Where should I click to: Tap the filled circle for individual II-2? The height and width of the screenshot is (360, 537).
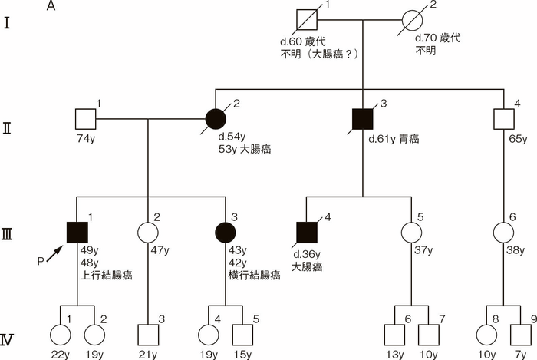click(217, 119)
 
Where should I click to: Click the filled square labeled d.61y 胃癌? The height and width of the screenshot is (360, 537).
click(362, 119)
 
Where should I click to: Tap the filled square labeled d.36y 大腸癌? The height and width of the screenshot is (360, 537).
click(308, 229)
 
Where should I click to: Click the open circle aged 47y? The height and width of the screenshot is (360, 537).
click(147, 229)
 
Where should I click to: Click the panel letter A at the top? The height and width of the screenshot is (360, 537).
click(51, 7)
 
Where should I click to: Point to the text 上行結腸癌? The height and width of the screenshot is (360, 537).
click(107, 272)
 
